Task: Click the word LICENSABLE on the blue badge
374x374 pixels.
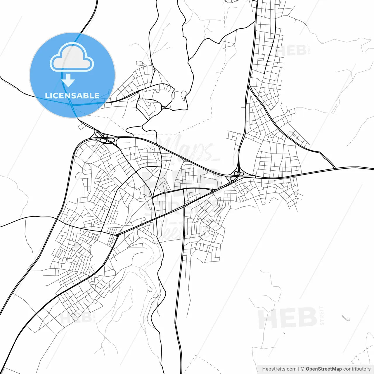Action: tap(72, 96)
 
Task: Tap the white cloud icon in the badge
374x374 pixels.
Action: tap(72, 58)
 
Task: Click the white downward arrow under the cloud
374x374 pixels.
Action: tap(68, 80)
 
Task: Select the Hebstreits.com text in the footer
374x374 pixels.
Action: tap(279, 369)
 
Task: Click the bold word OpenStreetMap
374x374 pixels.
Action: tap(323, 369)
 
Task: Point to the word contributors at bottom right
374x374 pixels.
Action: tap(357, 369)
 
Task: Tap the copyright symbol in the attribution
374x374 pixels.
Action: tap(302, 369)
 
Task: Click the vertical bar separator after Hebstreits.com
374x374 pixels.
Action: tap(299, 369)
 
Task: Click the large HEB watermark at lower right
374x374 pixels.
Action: tap(288, 318)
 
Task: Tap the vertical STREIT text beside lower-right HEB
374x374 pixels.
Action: tap(322, 316)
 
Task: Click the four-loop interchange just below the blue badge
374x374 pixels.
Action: tap(102, 137)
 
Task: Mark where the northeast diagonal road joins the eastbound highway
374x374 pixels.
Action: tap(335, 169)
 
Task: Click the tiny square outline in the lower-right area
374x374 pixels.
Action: tap(348, 319)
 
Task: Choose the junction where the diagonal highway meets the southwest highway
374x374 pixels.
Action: tap(117, 235)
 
